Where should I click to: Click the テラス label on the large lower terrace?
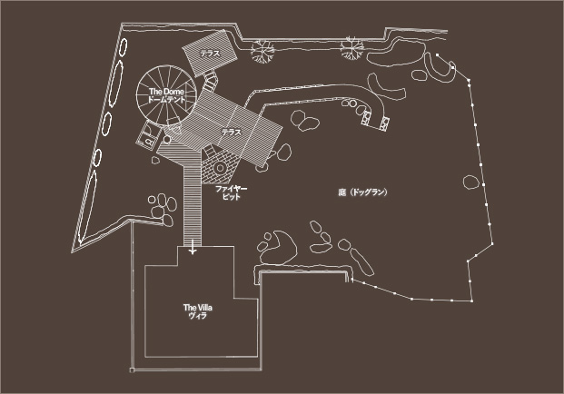pos(232,133)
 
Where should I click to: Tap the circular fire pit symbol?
pos(219,167)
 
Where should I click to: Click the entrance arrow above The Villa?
pos(192,248)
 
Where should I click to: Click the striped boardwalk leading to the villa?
pos(193,204)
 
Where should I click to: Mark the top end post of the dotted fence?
pos(437,56)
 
